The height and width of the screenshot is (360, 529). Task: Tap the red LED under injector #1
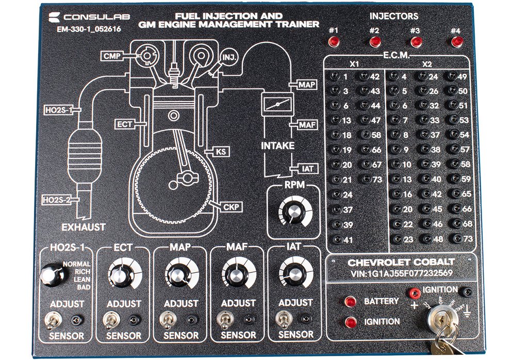(334, 41)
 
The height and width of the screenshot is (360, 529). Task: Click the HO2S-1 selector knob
(52, 274)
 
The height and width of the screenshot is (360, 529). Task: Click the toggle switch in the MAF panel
(225, 321)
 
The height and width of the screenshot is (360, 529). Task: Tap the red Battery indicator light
(351, 301)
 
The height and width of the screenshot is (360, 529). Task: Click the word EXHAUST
(84, 227)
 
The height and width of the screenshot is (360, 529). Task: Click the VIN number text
(401, 274)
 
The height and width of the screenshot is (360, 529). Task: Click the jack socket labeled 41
(336, 239)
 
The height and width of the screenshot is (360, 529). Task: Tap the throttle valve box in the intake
(277, 105)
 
